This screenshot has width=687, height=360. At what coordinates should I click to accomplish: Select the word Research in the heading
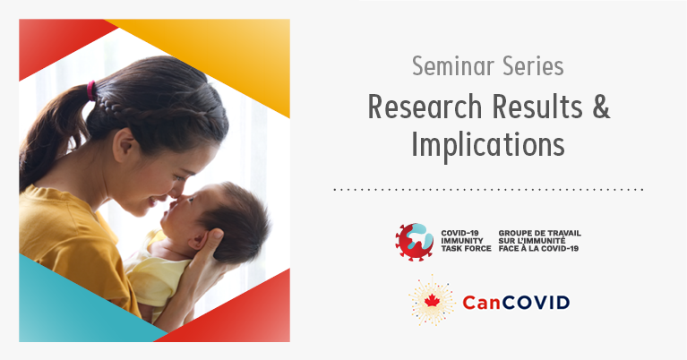coord(425,107)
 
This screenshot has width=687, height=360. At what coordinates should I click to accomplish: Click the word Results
coord(537,107)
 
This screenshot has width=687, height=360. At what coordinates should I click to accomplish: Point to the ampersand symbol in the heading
coord(601,107)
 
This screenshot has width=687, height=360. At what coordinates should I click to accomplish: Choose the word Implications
coord(487,145)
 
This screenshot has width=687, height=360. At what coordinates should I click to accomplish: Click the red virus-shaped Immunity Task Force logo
coord(415,242)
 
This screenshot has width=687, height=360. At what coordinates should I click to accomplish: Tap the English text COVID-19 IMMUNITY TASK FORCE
coord(466,241)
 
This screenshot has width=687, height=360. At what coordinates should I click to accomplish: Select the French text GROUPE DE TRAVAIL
coord(540,234)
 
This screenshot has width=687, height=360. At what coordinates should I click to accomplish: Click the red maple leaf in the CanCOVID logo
coord(432,301)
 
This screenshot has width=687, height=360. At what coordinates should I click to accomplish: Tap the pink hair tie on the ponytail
coord(91,90)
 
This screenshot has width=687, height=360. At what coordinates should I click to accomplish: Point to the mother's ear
coord(124,146)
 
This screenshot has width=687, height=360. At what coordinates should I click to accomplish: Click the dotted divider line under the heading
coord(488,190)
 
